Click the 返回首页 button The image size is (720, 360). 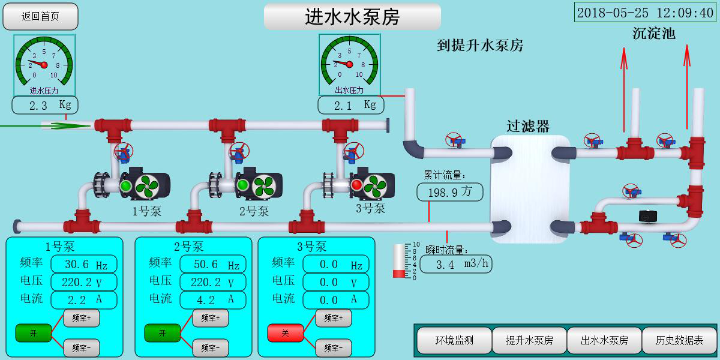(x=40, y=17)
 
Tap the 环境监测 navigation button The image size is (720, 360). (x=454, y=340)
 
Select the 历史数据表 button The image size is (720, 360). (x=679, y=340)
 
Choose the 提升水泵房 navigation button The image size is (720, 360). (x=529, y=340)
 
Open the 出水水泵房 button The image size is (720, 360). (x=604, y=340)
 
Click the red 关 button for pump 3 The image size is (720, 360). (x=285, y=332)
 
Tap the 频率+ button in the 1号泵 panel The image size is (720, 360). (x=82, y=318)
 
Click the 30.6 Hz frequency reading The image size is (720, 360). (x=83, y=265)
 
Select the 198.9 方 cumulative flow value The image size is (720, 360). (x=449, y=193)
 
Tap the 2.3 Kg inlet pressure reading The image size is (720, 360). (x=44, y=105)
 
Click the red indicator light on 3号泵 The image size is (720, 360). (x=356, y=185)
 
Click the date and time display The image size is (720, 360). (x=644, y=13)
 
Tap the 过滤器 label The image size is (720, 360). (x=528, y=126)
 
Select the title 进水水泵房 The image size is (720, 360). (x=352, y=17)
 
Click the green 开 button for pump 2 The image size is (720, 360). (x=162, y=332)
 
